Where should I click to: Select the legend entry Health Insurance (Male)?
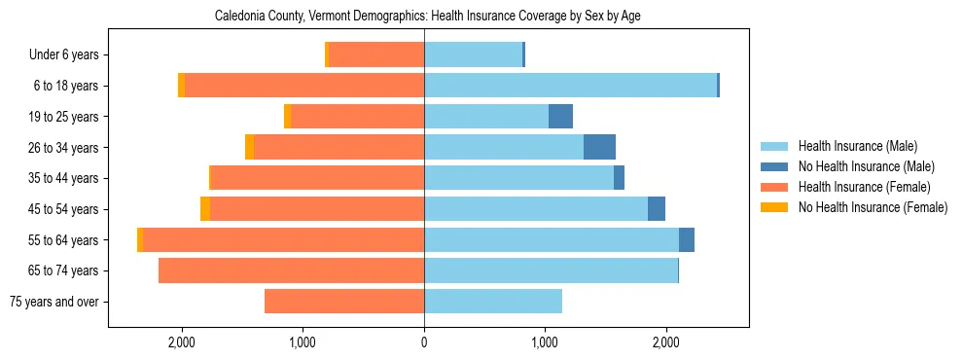pos(857,146)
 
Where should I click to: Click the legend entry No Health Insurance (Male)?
pos(866,166)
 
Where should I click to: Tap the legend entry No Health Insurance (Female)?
pos(873,207)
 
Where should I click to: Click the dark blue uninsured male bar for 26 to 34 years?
pos(599,147)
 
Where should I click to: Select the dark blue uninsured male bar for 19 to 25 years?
pos(560,117)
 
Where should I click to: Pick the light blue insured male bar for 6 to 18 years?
pos(570,86)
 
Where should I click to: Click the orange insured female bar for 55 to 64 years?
pos(283,240)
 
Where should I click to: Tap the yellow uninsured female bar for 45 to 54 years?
pos(205,209)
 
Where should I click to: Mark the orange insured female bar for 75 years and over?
pos(344,302)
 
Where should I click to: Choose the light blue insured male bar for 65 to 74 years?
pos(551,270)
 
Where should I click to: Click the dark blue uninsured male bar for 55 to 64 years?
pos(687,240)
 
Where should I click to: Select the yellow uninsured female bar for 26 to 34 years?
pos(249,147)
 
